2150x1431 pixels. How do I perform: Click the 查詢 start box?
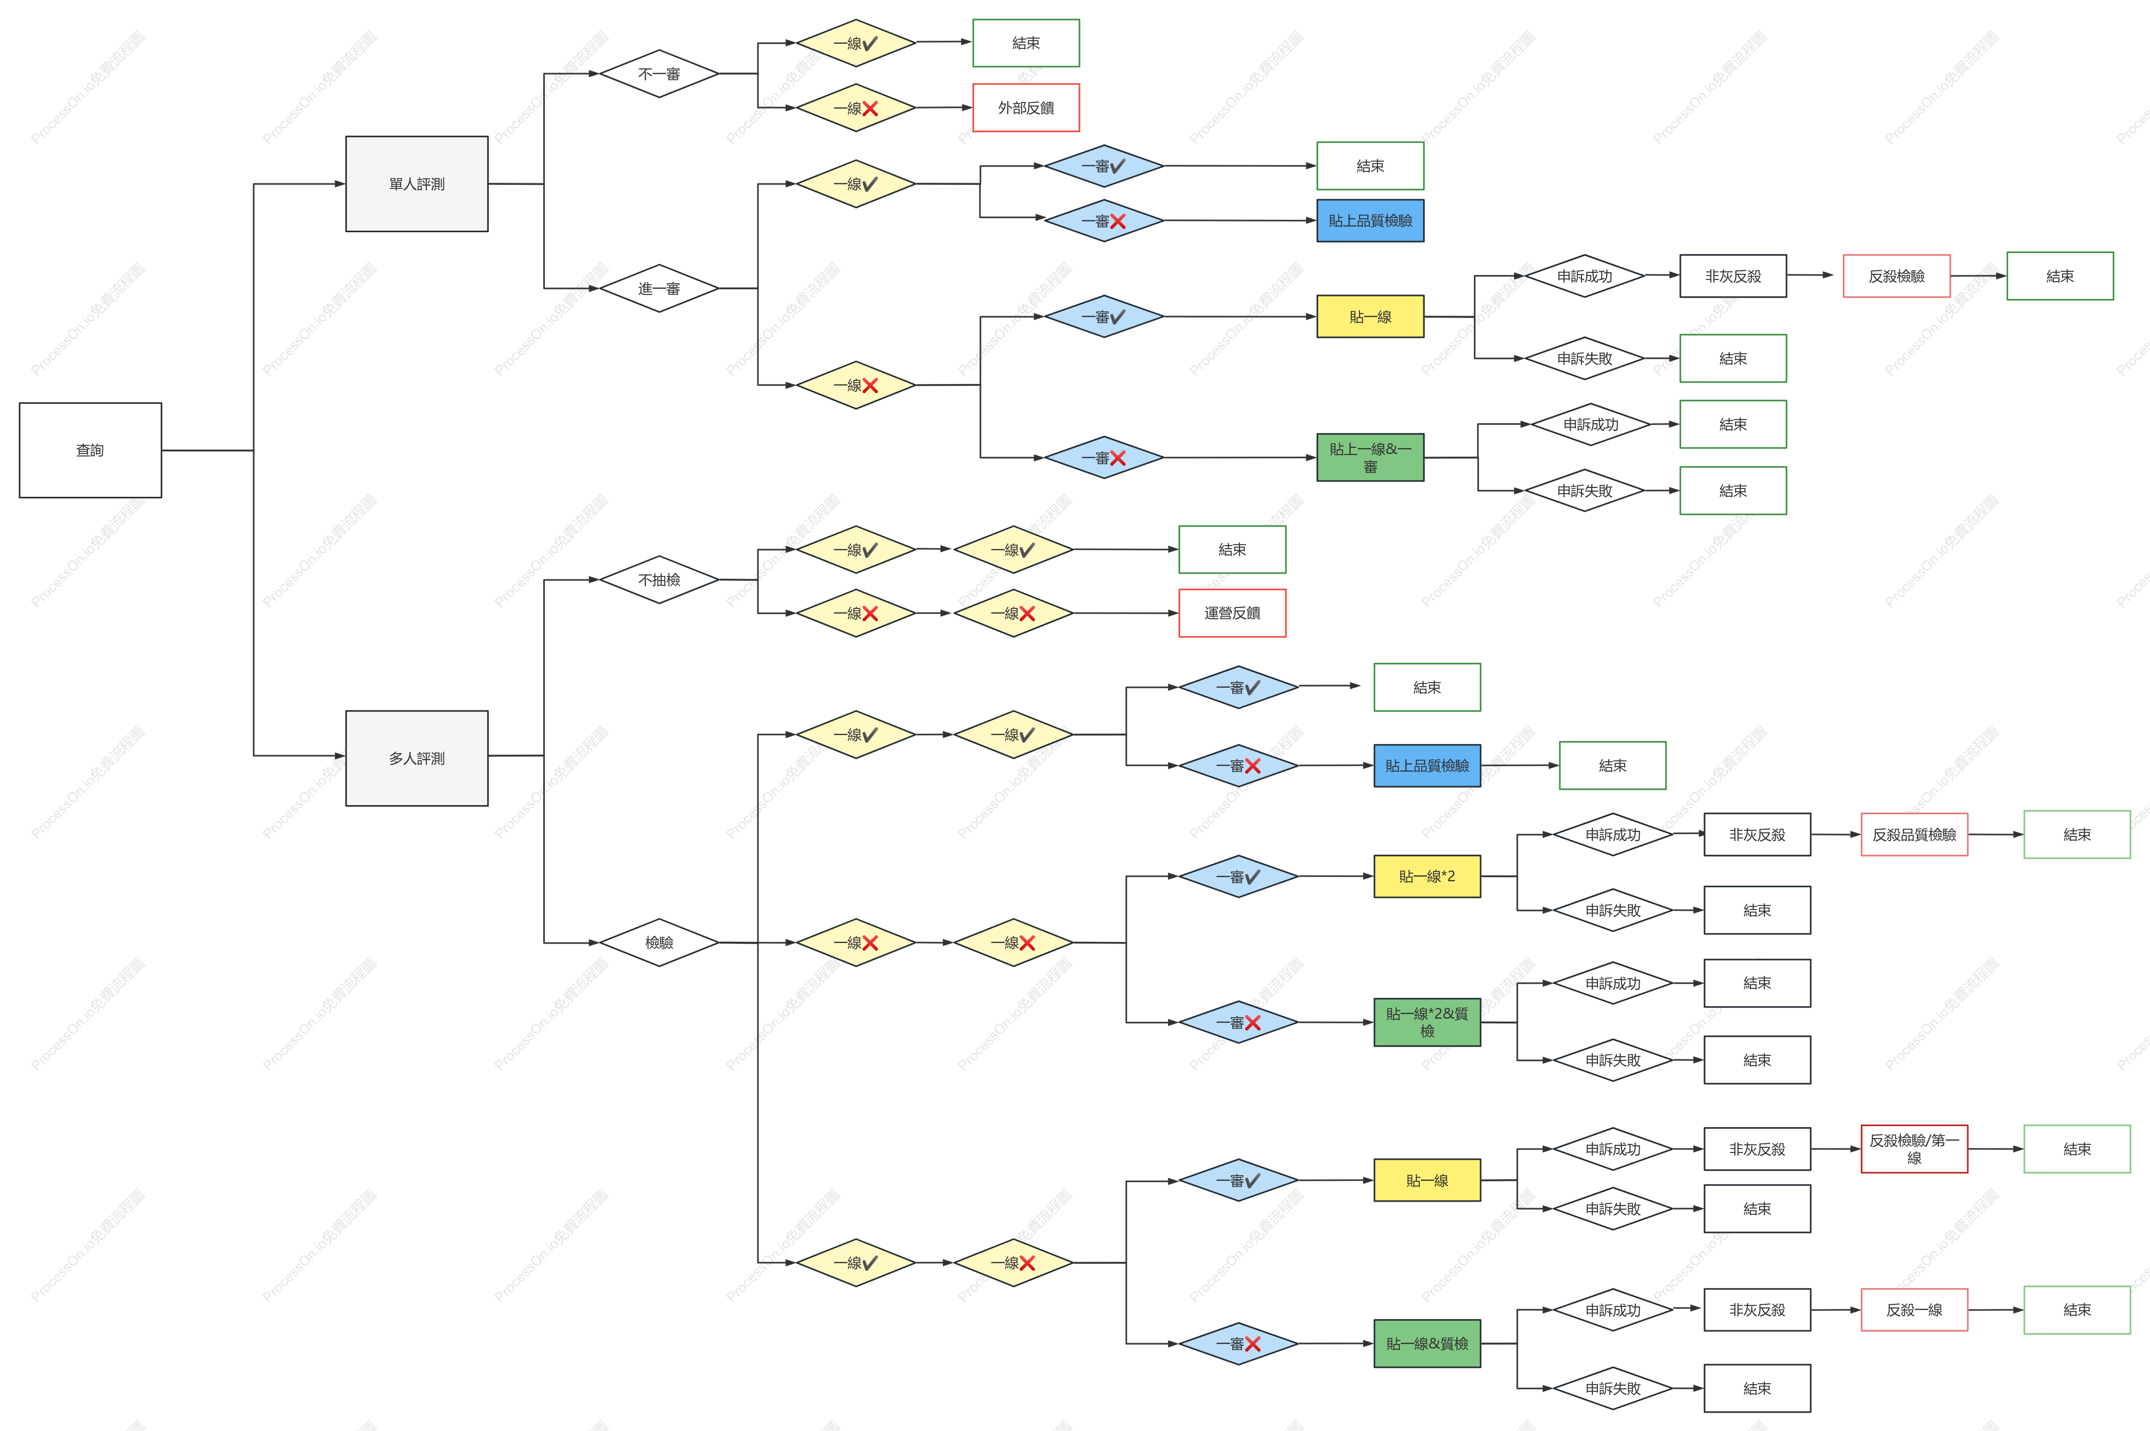(91, 450)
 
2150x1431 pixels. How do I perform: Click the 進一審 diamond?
(659, 288)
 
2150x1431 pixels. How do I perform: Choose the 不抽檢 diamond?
(659, 580)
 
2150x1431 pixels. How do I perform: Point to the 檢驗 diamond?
(659, 942)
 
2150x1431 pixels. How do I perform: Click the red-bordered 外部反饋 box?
(1026, 108)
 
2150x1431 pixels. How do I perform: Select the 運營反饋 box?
(1232, 613)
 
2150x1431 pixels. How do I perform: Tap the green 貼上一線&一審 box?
(1370, 457)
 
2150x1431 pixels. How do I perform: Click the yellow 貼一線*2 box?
(1427, 876)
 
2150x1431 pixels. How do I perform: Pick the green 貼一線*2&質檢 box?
(1427, 1022)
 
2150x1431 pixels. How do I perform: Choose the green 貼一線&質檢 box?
(1427, 1343)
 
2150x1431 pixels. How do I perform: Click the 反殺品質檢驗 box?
(1915, 834)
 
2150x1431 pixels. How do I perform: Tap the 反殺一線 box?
(1915, 1310)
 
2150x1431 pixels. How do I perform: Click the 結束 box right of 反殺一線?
(2077, 1310)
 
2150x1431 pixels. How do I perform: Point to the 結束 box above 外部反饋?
(1026, 43)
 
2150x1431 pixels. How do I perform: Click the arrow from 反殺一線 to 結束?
(1996, 1310)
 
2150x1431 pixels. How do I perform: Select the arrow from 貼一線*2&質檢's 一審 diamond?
(1336, 1022)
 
